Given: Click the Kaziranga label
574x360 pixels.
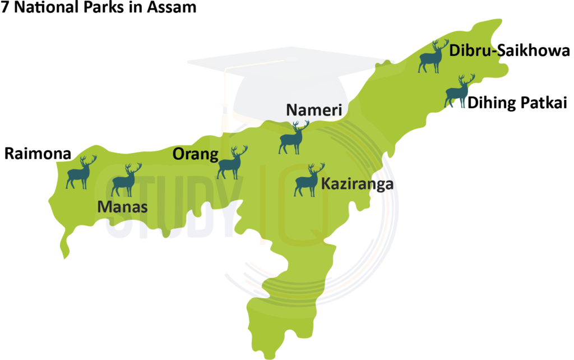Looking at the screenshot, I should (x=357, y=184).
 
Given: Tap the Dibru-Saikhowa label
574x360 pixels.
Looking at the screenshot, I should (x=509, y=52).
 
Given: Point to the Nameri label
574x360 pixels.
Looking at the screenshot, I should (x=313, y=110).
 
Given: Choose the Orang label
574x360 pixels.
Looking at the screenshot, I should (x=195, y=154).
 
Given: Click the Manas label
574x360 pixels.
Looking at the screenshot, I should (x=123, y=207).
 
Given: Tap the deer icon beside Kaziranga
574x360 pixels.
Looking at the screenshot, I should (x=309, y=181).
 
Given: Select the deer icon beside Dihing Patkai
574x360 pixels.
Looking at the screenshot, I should (x=459, y=91).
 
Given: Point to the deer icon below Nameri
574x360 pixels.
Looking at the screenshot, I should (x=293, y=138).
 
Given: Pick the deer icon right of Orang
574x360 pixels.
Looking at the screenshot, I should (x=232, y=163).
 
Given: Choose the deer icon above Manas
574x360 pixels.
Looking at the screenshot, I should (x=126, y=181).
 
